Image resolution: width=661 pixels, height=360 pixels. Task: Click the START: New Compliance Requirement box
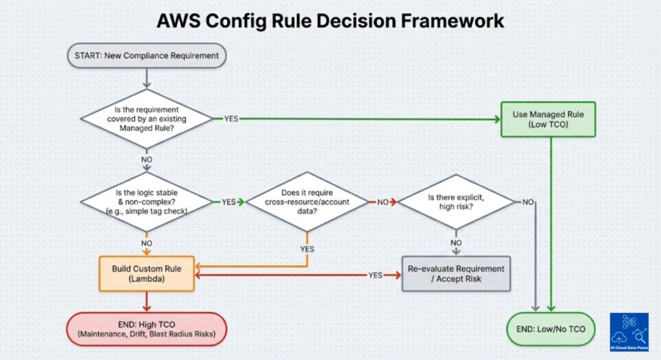point(147,55)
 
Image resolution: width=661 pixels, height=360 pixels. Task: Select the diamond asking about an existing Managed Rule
point(147,119)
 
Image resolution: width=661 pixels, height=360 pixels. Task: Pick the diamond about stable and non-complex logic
point(147,202)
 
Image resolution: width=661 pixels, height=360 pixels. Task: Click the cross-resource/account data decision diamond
point(307,202)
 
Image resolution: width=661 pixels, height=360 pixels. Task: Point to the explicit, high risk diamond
point(456,202)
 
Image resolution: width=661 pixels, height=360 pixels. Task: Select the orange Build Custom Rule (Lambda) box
point(147,274)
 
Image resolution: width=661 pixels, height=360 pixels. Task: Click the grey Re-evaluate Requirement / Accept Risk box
point(456,274)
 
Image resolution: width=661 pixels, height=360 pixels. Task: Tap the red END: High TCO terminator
point(147,329)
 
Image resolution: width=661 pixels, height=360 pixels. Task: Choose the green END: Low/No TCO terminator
point(551,329)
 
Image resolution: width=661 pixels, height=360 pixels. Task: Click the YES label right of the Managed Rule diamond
point(232,119)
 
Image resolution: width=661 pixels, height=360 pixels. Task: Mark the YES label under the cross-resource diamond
point(307,248)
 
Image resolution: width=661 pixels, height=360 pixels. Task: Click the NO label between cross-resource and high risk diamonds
point(382,202)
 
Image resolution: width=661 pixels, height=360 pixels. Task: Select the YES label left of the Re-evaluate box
point(375,274)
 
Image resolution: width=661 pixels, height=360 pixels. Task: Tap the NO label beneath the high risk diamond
point(456,243)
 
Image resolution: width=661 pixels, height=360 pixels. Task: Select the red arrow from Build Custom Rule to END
point(147,301)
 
